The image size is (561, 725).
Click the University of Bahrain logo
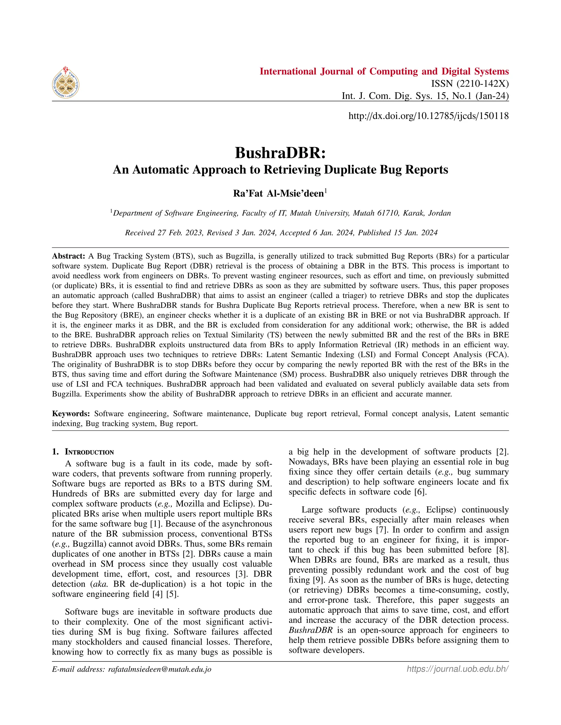point(66,82)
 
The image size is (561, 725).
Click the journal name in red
point(384,71)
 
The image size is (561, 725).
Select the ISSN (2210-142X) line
point(470,84)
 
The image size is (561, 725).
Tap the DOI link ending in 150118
point(428,116)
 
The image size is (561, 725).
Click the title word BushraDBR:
point(280,153)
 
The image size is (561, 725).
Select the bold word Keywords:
point(71,414)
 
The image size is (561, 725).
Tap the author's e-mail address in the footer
point(159,669)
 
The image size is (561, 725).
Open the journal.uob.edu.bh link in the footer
point(458,669)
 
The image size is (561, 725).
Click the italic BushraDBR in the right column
point(310,630)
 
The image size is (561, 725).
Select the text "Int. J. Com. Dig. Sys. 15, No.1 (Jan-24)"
point(425,96)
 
